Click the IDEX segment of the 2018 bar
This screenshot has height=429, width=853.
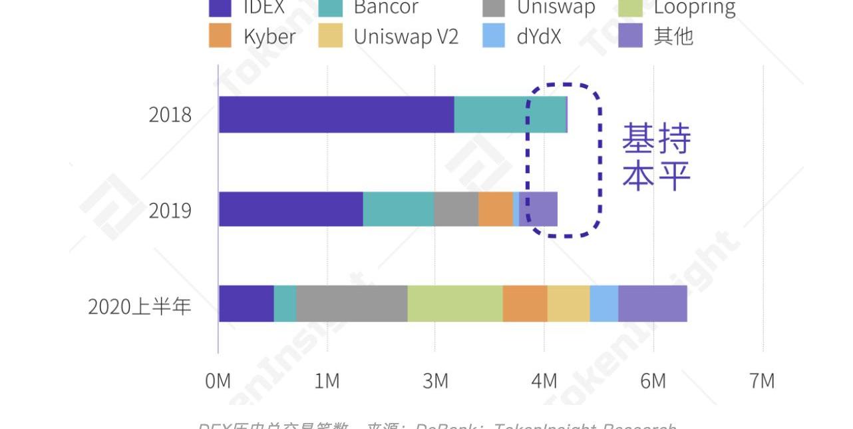click(336, 115)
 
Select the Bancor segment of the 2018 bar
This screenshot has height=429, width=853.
click(510, 115)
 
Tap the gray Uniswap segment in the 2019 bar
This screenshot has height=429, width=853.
click(456, 209)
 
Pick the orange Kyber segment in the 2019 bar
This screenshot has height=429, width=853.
click(496, 209)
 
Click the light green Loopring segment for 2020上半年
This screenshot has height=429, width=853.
click(455, 304)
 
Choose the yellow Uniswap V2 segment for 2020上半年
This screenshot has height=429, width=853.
click(568, 304)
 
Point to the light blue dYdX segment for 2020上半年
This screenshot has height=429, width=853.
click(604, 304)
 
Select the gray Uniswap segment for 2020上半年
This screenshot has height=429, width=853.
click(351, 304)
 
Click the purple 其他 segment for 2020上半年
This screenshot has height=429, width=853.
click(653, 304)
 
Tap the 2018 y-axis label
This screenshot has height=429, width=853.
click(170, 115)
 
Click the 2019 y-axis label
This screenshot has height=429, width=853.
click(170, 211)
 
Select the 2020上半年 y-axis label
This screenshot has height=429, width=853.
click(140, 306)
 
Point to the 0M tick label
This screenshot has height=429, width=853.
click(218, 381)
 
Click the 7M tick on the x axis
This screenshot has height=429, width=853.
click(762, 381)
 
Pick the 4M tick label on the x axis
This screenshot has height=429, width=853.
click(544, 381)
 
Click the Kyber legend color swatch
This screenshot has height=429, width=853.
click(220, 36)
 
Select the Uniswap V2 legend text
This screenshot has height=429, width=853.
click(406, 36)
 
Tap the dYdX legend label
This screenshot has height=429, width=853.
click(538, 36)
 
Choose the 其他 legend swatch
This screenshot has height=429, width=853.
click(630, 36)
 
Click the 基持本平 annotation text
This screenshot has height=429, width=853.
click(656, 157)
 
